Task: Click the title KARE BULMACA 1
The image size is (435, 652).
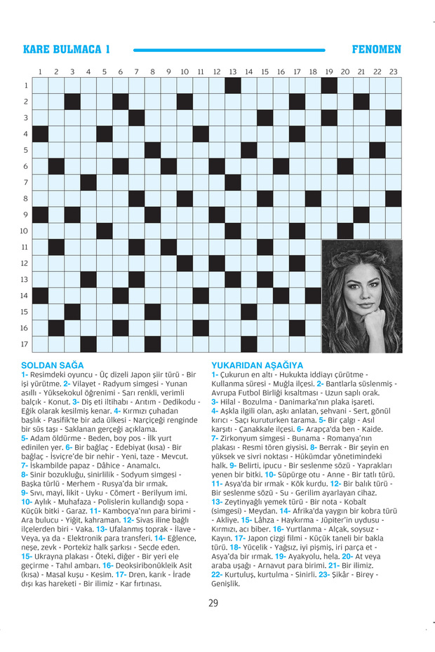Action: [x=67, y=50]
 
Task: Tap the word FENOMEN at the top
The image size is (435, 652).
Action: [x=376, y=50]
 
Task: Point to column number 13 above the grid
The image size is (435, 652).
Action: [x=233, y=72]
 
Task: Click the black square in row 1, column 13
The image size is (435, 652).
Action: [x=233, y=86]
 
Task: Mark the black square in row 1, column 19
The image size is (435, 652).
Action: [x=329, y=86]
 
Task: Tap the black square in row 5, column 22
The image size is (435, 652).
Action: [x=377, y=150]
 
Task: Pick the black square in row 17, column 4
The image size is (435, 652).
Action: [x=88, y=344]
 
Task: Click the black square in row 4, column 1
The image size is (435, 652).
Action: [x=40, y=134]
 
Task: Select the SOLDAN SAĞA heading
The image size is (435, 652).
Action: [x=53, y=365]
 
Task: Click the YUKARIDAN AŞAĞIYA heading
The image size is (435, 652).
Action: [x=257, y=365]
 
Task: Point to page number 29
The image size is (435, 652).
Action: [x=213, y=602]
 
